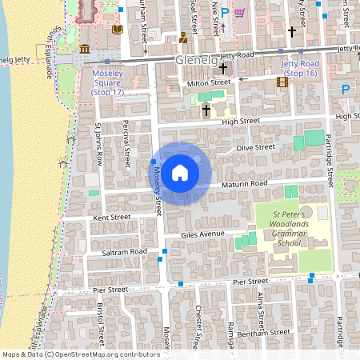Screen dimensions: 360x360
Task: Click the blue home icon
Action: tap(180, 173)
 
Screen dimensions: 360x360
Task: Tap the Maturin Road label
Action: tap(246, 183)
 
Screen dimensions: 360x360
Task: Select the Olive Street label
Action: tap(255, 147)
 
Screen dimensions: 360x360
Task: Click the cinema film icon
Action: tap(282, 81)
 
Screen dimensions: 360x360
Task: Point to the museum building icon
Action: tap(85, 51)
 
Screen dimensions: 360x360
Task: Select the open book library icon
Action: tap(118, 30)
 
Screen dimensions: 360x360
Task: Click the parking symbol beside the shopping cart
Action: tap(225, 12)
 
